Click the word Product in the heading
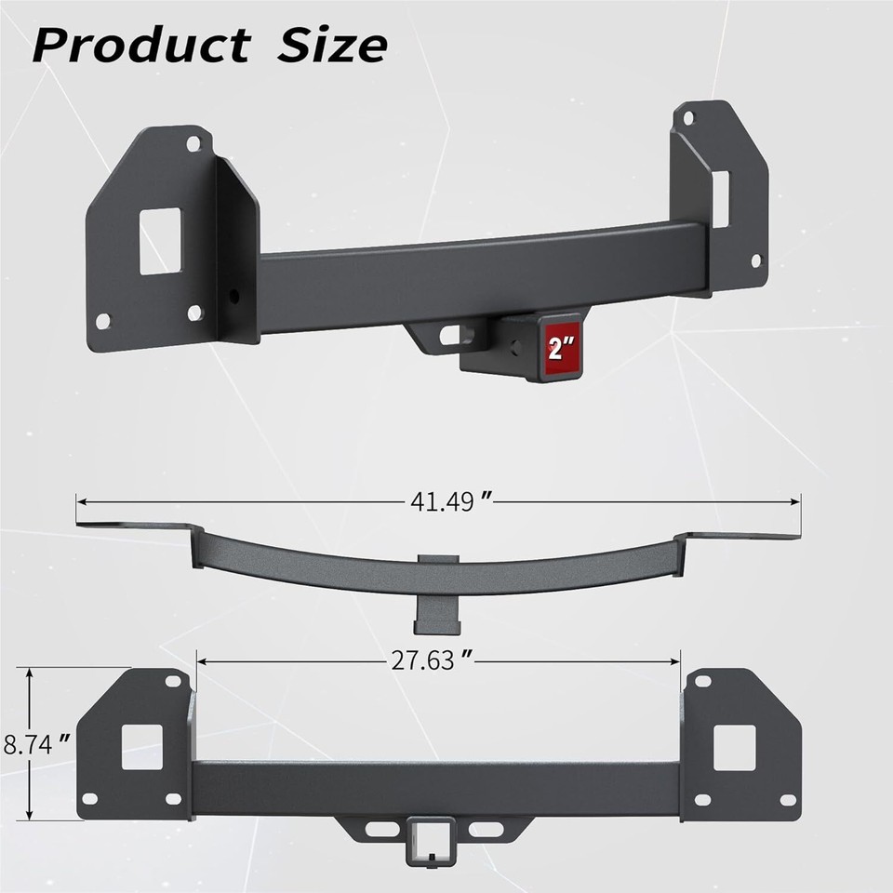pyautogui.click(x=140, y=45)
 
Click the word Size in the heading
pyautogui.click(x=331, y=45)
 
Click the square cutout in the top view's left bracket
pyautogui.click(x=160, y=241)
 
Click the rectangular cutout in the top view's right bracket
pyautogui.click(x=721, y=198)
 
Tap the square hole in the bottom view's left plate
pyautogui.click(x=141, y=747)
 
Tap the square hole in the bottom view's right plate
pyautogui.click(x=734, y=747)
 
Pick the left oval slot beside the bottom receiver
pyautogui.click(x=380, y=828)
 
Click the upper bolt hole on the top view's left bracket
pyautogui.click(x=193, y=144)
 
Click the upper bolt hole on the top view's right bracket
pyautogui.click(x=688, y=118)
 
